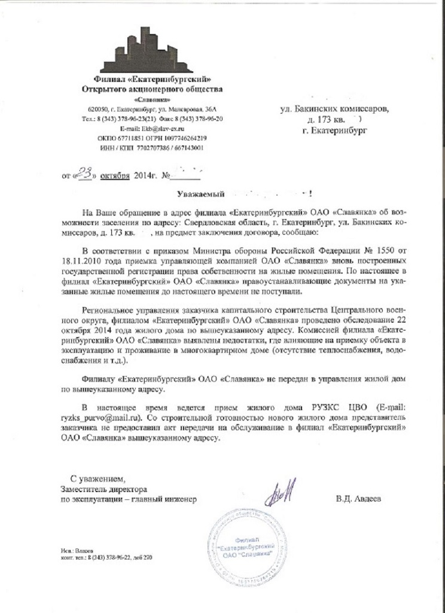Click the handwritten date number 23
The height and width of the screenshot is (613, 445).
85,174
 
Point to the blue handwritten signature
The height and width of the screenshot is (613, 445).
279,492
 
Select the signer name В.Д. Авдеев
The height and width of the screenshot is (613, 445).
358,499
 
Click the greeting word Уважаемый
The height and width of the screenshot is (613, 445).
200,194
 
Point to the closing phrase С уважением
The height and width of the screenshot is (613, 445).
98,479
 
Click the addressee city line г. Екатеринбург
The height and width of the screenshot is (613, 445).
335,129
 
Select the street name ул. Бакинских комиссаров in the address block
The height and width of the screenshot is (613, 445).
334,109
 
